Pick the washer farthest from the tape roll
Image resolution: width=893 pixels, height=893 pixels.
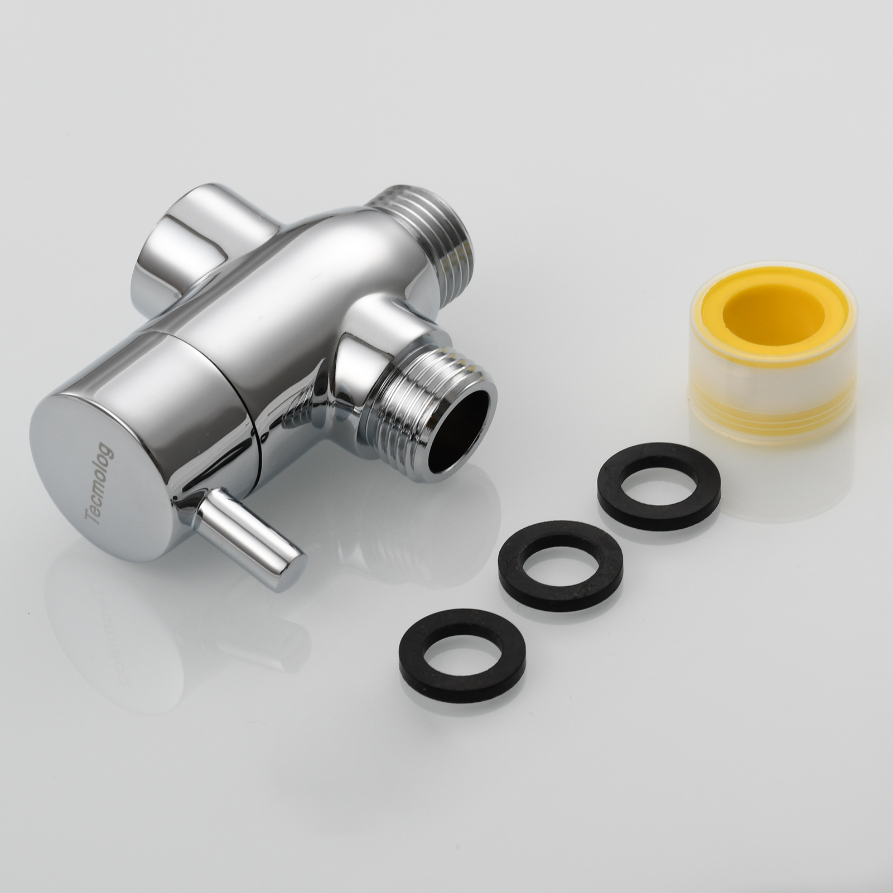[464, 636]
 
